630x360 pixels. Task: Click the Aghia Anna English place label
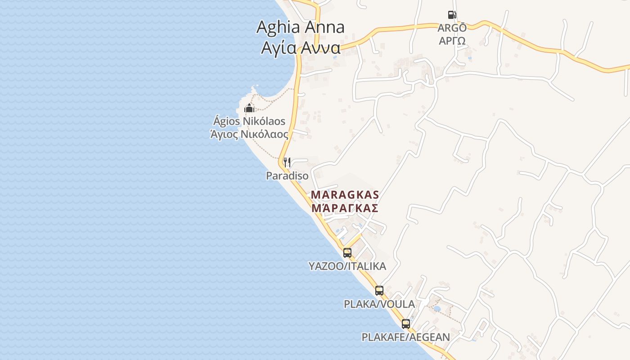click(300, 27)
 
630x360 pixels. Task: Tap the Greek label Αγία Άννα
click(300, 47)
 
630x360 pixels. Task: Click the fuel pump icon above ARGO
click(452, 15)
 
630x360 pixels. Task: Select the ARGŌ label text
click(452, 28)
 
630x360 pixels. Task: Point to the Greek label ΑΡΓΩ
click(452, 40)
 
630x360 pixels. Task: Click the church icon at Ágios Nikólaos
click(249, 108)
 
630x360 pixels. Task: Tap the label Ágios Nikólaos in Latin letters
click(249, 121)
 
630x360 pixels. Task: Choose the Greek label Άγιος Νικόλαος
click(249, 134)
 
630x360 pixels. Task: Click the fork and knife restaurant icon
click(287, 162)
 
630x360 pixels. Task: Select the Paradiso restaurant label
click(287, 176)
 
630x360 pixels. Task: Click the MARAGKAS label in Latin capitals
click(345, 195)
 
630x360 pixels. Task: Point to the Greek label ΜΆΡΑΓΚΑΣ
click(345, 208)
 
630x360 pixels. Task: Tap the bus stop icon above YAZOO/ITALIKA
click(347, 253)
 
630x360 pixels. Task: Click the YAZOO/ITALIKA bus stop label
click(347, 266)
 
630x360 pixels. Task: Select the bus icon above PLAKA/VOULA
click(379, 291)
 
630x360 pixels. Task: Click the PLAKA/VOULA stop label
click(379, 304)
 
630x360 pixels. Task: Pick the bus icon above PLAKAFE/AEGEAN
click(406, 324)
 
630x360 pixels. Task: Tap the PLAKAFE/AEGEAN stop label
click(406, 337)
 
